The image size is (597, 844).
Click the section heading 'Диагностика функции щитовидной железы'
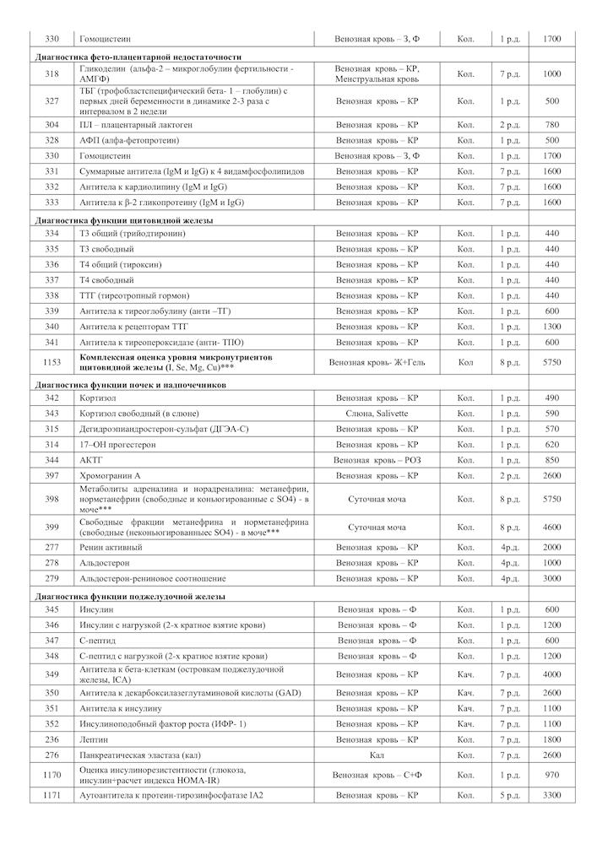(123, 219)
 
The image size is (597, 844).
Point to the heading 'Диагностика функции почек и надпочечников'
(130, 385)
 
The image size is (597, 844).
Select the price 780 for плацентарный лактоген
(551, 124)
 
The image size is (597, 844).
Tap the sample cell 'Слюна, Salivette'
(377, 413)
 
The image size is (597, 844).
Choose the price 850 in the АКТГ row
(551, 460)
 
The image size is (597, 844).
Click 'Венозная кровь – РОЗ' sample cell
(377, 460)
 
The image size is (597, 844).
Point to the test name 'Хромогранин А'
(110, 476)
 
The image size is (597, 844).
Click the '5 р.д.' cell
(509, 795)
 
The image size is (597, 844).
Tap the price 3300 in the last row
(551, 795)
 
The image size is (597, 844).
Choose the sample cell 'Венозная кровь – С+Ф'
(377, 774)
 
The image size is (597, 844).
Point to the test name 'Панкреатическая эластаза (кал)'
(140, 755)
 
